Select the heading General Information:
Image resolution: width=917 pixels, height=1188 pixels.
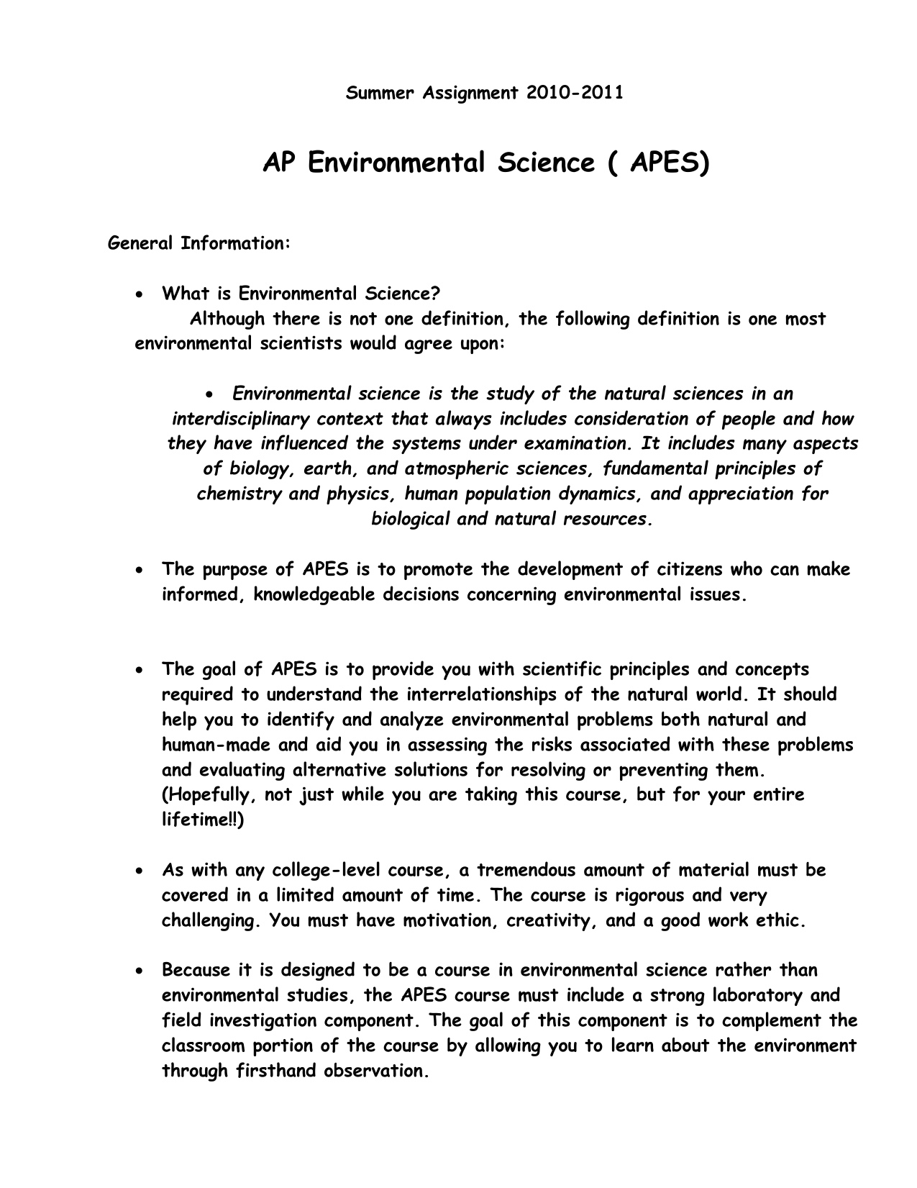tap(199, 243)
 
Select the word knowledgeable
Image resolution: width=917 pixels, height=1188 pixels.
tap(315, 595)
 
